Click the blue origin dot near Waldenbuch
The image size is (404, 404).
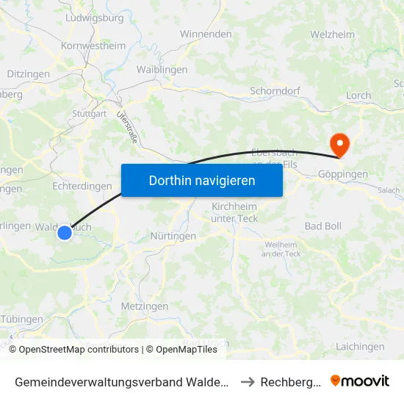65,233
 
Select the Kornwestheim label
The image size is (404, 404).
93,46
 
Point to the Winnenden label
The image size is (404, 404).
206,35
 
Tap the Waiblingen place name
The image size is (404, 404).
162,70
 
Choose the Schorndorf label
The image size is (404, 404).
275,91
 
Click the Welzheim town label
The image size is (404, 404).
332,35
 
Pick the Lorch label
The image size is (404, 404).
358,95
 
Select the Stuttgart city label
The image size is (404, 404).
90,114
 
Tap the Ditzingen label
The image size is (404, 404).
28,74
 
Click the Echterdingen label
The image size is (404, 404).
82,187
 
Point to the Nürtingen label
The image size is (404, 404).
173,237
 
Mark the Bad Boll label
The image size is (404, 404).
323,226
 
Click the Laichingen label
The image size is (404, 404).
359,347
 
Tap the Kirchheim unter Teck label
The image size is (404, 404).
235,212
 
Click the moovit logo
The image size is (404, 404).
359,380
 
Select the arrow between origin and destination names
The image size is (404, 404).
248,381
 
